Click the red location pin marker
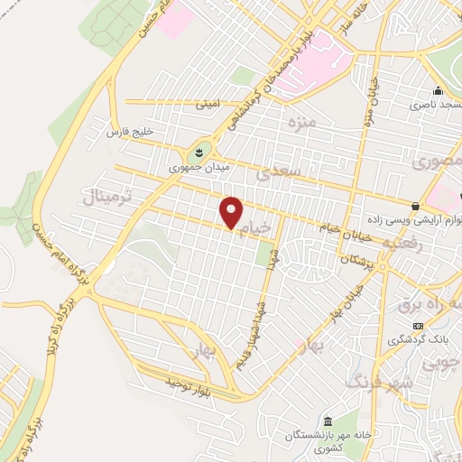tap(232, 214)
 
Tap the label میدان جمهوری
tap(199, 167)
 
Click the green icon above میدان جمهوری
tap(200, 149)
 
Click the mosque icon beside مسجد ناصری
tap(438, 90)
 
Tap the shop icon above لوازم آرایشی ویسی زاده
tap(415, 206)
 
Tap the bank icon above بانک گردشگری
tap(417, 326)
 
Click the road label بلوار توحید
tap(188, 383)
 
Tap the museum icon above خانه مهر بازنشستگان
tap(327, 421)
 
